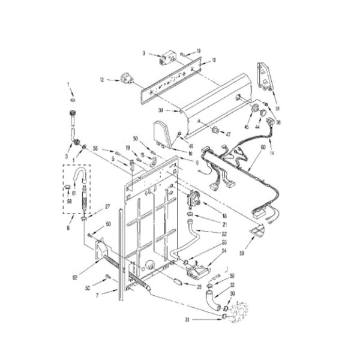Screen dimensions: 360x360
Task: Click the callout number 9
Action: (144, 53)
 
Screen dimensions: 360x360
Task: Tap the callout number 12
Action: (102, 79)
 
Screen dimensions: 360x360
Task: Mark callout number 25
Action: (200, 287)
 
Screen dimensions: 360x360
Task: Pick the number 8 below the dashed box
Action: (68, 228)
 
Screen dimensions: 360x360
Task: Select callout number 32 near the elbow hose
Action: (232, 285)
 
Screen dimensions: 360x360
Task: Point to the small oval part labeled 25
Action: (178, 281)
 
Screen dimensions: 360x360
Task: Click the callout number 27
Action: (108, 206)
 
